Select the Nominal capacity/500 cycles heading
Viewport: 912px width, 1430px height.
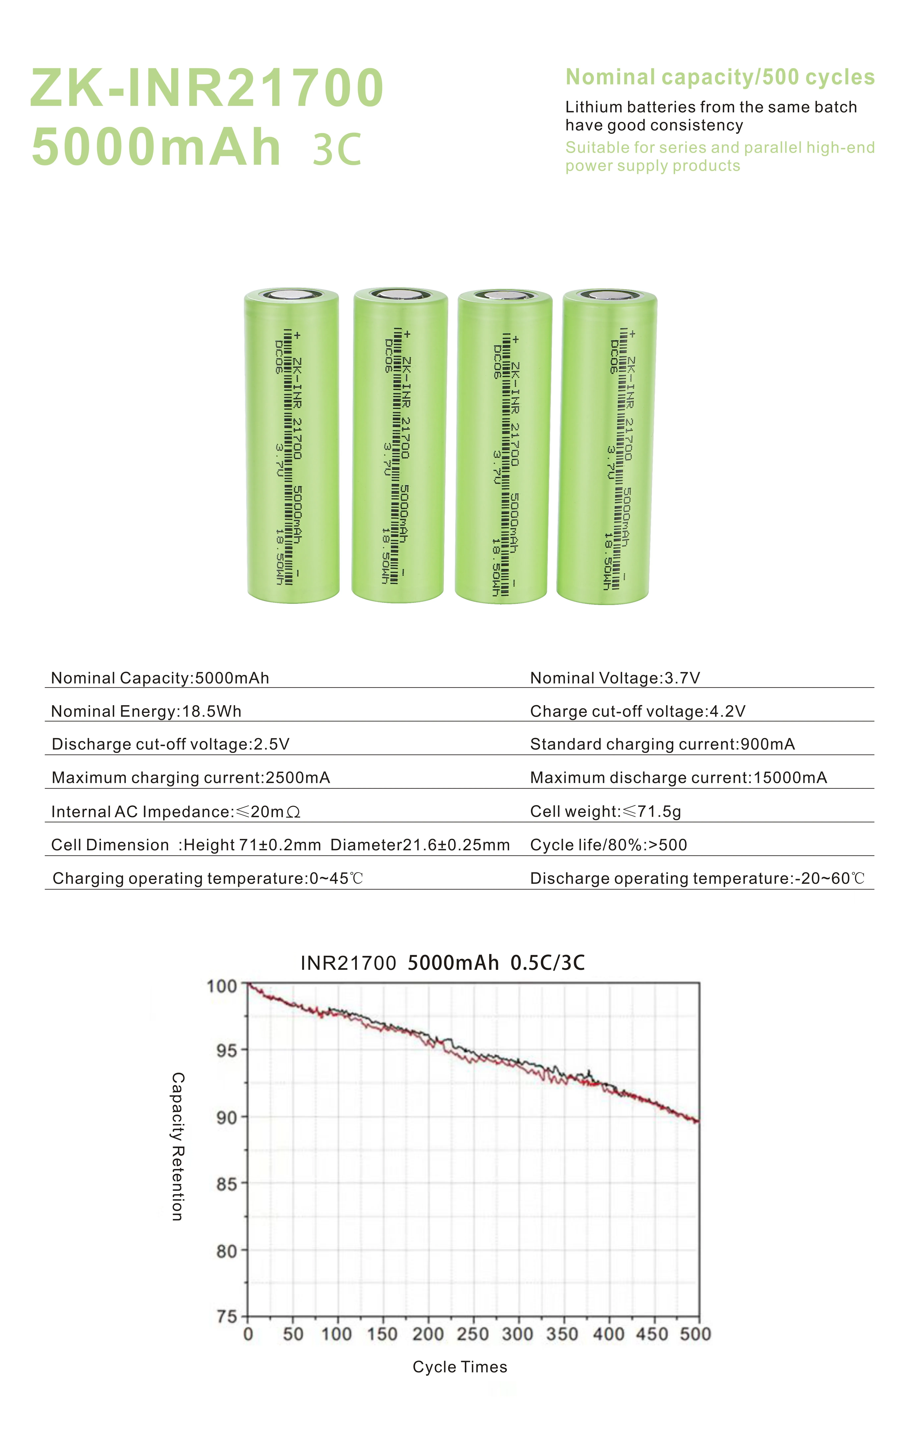coord(720,77)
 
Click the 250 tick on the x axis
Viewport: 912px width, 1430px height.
coord(473,1334)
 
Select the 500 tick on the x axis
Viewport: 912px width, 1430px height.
coord(695,1334)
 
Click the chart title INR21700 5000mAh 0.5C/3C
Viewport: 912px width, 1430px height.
coord(442,963)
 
